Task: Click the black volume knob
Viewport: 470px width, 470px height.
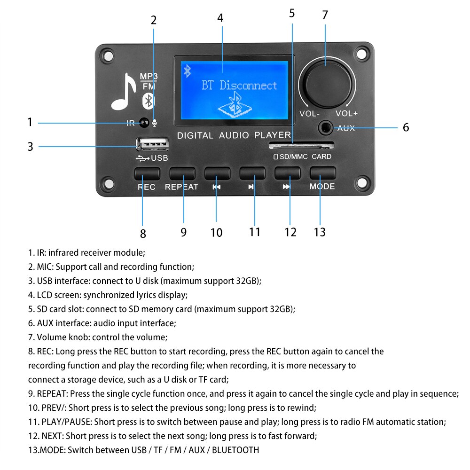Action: pos(325,83)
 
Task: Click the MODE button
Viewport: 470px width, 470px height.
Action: pos(322,173)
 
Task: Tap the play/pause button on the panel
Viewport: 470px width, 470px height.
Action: pos(252,173)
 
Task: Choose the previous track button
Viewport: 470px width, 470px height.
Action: pos(217,173)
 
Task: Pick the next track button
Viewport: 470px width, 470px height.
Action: pos(287,173)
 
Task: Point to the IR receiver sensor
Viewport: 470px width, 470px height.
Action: pos(144,123)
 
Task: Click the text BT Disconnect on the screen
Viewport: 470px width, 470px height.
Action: pos(239,86)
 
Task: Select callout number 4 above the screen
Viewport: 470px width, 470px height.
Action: pos(220,18)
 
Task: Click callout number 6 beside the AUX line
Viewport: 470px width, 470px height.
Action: pos(406,127)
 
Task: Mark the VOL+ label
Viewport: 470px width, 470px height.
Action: pos(346,114)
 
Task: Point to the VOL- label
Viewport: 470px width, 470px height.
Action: pos(310,114)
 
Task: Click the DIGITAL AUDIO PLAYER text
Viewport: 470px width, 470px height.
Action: pos(234,135)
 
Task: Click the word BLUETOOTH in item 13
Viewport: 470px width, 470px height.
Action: pos(235,450)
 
